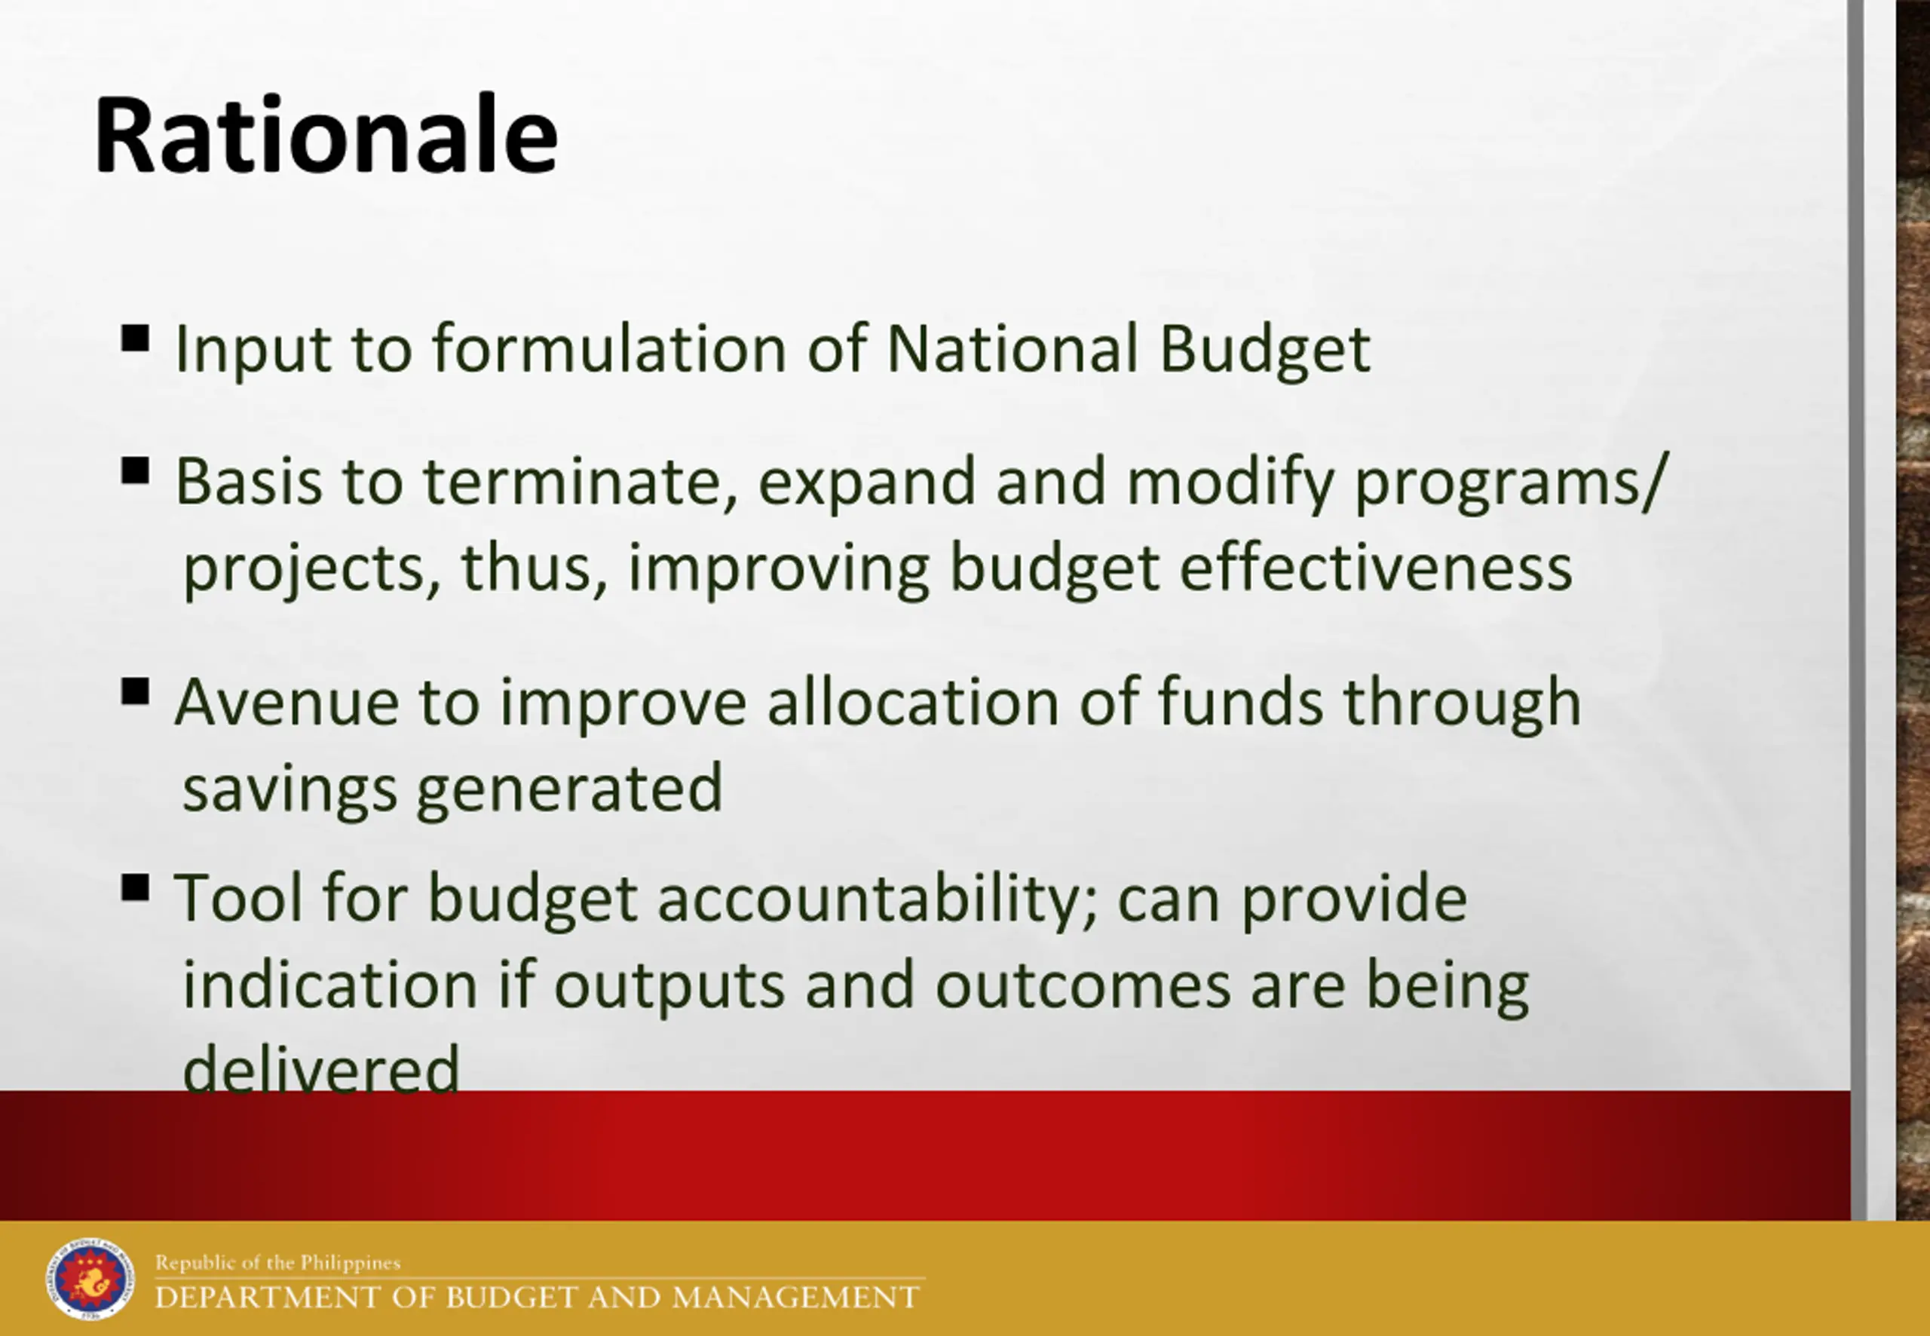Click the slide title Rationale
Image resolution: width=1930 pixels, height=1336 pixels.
pyautogui.click(x=326, y=135)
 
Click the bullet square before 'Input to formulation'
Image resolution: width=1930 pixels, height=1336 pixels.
pyautogui.click(x=136, y=339)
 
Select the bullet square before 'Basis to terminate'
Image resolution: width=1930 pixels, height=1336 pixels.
pyautogui.click(x=136, y=470)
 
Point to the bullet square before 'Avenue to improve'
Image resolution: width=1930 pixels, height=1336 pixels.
pyautogui.click(x=136, y=691)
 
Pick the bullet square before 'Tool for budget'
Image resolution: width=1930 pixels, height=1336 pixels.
pyautogui.click(x=136, y=887)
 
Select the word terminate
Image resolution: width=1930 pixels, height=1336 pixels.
pyautogui.click(x=582, y=483)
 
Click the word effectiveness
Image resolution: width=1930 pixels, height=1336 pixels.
pyautogui.click(x=1376, y=568)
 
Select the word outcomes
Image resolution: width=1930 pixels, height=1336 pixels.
pyautogui.click(x=1083, y=986)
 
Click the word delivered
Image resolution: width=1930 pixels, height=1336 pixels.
pyautogui.click(x=321, y=1068)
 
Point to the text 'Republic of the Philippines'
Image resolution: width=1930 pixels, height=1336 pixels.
pyautogui.click(x=278, y=1262)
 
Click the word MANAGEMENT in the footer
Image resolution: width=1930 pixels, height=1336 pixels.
pyautogui.click(x=796, y=1298)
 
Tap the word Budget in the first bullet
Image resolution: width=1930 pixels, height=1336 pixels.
pyautogui.click(x=1264, y=350)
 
